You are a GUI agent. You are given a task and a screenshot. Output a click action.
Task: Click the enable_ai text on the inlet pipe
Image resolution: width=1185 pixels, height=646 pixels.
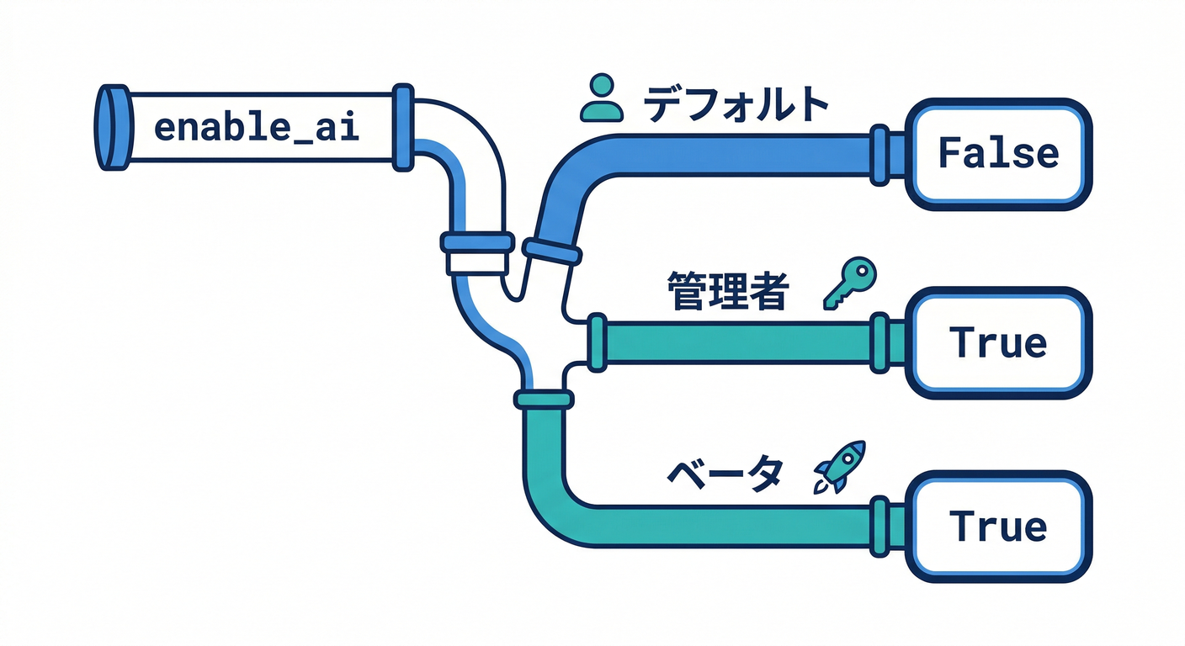[x=258, y=129]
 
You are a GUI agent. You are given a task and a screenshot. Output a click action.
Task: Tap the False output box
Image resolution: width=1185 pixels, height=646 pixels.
[x=997, y=153]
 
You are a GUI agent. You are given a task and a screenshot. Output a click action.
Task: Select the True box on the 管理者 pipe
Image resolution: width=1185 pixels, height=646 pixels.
[x=997, y=342]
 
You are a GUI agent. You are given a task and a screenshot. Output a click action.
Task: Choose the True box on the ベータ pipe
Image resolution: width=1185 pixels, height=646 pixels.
[x=997, y=527]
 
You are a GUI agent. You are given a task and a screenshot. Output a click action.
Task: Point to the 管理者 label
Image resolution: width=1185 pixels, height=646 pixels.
[x=728, y=293]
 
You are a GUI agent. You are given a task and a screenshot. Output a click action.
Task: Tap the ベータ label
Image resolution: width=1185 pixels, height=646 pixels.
[x=724, y=475]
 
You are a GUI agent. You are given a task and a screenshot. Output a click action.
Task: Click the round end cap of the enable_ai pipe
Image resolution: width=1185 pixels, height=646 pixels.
[x=113, y=128]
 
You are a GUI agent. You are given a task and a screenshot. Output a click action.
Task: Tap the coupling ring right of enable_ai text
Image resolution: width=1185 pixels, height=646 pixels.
[x=404, y=128]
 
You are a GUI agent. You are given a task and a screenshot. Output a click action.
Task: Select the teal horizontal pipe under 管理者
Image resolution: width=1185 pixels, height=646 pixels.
[x=741, y=343]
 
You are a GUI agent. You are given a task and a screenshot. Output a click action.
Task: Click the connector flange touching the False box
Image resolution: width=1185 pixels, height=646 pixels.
[x=880, y=154]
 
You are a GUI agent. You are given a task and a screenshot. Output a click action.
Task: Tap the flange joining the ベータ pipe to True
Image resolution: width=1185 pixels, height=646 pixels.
[x=880, y=526]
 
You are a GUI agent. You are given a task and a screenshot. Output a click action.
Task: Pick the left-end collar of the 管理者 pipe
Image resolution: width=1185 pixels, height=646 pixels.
[x=597, y=342]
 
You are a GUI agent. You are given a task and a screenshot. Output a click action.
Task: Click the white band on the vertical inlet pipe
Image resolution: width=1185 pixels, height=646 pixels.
[x=476, y=262]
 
